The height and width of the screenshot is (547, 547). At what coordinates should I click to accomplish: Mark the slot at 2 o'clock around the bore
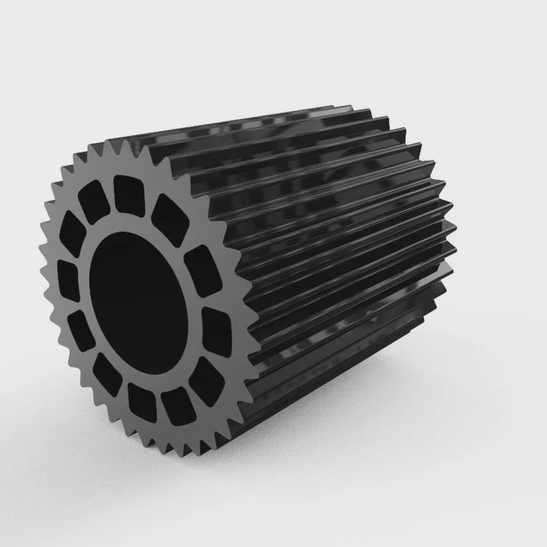point(201,266)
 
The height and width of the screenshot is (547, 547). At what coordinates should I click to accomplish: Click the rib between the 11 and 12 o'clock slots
point(110,194)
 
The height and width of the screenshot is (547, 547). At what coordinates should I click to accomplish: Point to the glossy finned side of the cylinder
point(342,251)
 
